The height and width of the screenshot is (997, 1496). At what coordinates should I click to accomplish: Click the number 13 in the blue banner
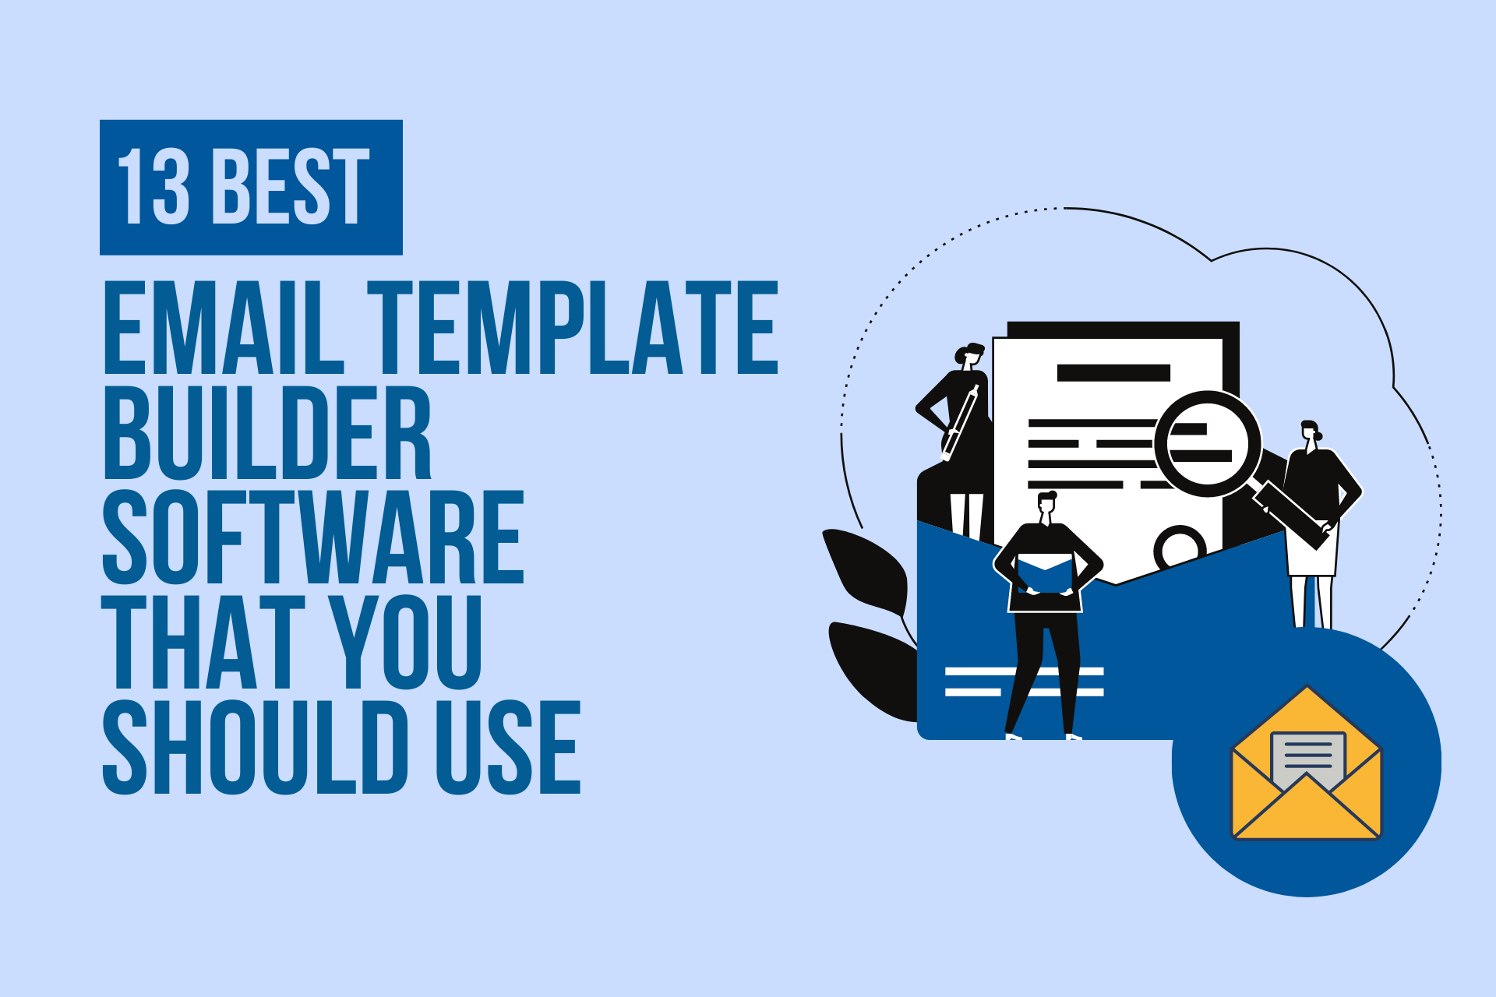[x=153, y=187]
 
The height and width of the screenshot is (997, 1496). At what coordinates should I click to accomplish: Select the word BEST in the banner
[x=291, y=187]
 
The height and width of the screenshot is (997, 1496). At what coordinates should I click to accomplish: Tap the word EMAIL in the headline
[x=224, y=328]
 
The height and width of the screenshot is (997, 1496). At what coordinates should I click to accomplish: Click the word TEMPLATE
[x=573, y=328]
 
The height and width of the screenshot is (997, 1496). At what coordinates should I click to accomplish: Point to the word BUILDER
[x=267, y=432]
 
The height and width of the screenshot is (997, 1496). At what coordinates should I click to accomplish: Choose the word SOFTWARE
[x=313, y=537]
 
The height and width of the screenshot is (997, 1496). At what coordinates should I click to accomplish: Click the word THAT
[x=203, y=642]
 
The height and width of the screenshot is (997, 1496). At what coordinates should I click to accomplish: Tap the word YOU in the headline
[x=405, y=642]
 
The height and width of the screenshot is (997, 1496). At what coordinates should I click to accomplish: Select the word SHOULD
[x=256, y=747]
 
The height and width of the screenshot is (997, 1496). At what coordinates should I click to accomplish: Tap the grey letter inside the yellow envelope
[x=1307, y=759]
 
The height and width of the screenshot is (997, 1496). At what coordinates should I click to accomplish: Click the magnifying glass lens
[x=1207, y=444]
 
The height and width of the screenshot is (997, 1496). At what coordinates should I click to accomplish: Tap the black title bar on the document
[x=1113, y=372]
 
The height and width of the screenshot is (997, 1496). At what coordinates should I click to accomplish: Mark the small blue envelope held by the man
[x=1045, y=574]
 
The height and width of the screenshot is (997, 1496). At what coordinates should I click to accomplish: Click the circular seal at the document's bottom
[x=1180, y=547]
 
